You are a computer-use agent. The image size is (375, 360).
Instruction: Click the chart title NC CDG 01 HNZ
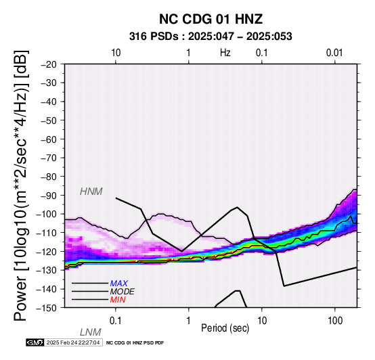pyautogui.click(x=211, y=19)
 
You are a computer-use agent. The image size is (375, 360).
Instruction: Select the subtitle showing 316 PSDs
pyautogui.click(x=211, y=37)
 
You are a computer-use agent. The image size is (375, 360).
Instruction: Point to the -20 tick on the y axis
pyautogui.click(x=49, y=64)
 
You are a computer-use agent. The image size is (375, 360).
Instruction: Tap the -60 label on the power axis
pyautogui.click(x=49, y=139)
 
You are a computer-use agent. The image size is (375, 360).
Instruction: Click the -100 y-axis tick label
pyautogui.click(x=47, y=214)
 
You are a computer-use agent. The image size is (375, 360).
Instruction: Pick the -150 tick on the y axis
pyautogui.click(x=47, y=308)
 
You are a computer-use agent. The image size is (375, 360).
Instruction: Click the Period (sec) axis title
pyautogui.click(x=225, y=328)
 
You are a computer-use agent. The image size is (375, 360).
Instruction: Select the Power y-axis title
pyautogui.click(x=20, y=185)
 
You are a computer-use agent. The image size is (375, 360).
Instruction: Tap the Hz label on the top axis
pyautogui.click(x=225, y=53)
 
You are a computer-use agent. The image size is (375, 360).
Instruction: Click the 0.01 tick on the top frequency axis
pyautogui.click(x=334, y=53)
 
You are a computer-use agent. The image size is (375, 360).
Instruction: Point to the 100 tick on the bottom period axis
pyautogui.click(x=335, y=321)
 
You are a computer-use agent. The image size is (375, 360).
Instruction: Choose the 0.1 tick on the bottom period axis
pyautogui.click(x=116, y=321)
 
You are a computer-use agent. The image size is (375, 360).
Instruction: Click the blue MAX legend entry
pyautogui.click(x=119, y=284)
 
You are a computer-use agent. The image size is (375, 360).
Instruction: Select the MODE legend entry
pyautogui.click(x=123, y=292)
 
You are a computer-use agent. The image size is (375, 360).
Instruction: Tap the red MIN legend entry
pyautogui.click(x=118, y=300)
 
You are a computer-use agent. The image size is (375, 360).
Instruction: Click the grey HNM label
pyautogui.click(x=91, y=192)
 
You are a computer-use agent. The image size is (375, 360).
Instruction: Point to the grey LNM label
pyautogui.click(x=91, y=332)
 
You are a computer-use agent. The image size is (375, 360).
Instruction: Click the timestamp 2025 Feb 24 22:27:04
pyautogui.click(x=73, y=342)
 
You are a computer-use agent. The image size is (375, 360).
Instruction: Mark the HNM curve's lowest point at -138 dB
pyautogui.click(x=284, y=286)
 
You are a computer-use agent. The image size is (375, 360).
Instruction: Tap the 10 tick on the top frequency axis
pyautogui.click(x=116, y=53)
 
